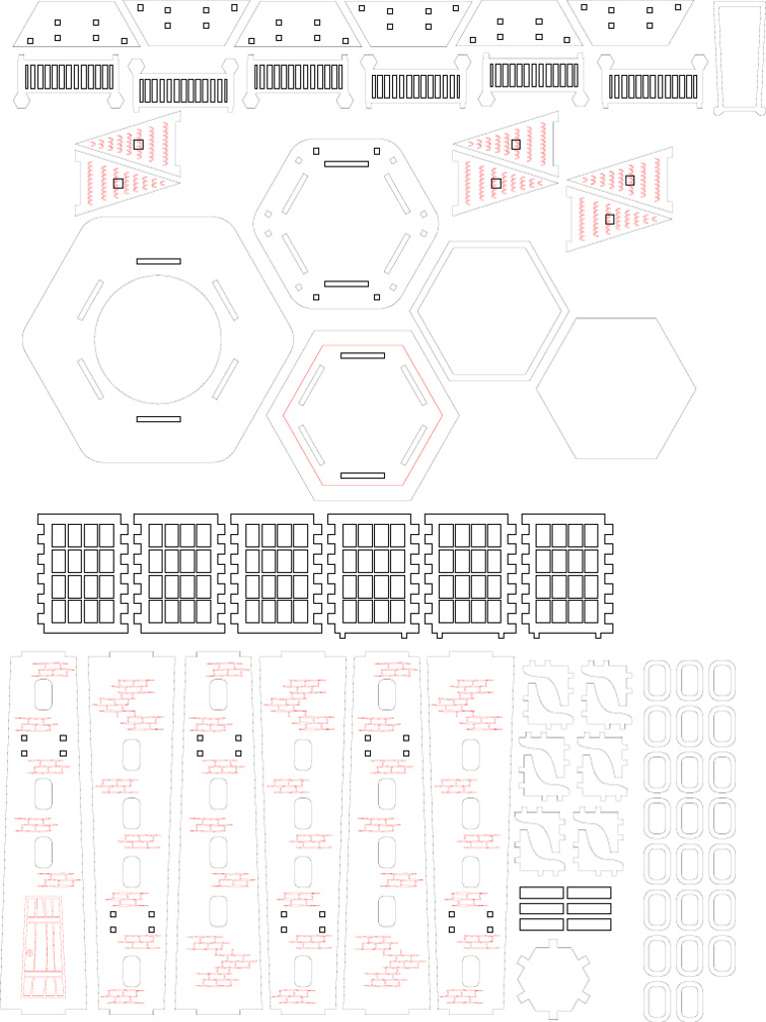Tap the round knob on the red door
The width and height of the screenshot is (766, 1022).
pyautogui.click(x=29, y=955)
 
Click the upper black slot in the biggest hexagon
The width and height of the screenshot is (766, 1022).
pyautogui.click(x=159, y=260)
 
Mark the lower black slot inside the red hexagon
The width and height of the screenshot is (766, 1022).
pyautogui.click(x=362, y=475)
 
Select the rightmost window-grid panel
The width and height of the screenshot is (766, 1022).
pyautogui.click(x=567, y=574)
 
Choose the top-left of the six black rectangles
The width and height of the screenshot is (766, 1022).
pyautogui.click(x=542, y=892)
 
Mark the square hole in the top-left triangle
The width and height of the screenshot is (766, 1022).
pyautogui.click(x=139, y=145)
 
